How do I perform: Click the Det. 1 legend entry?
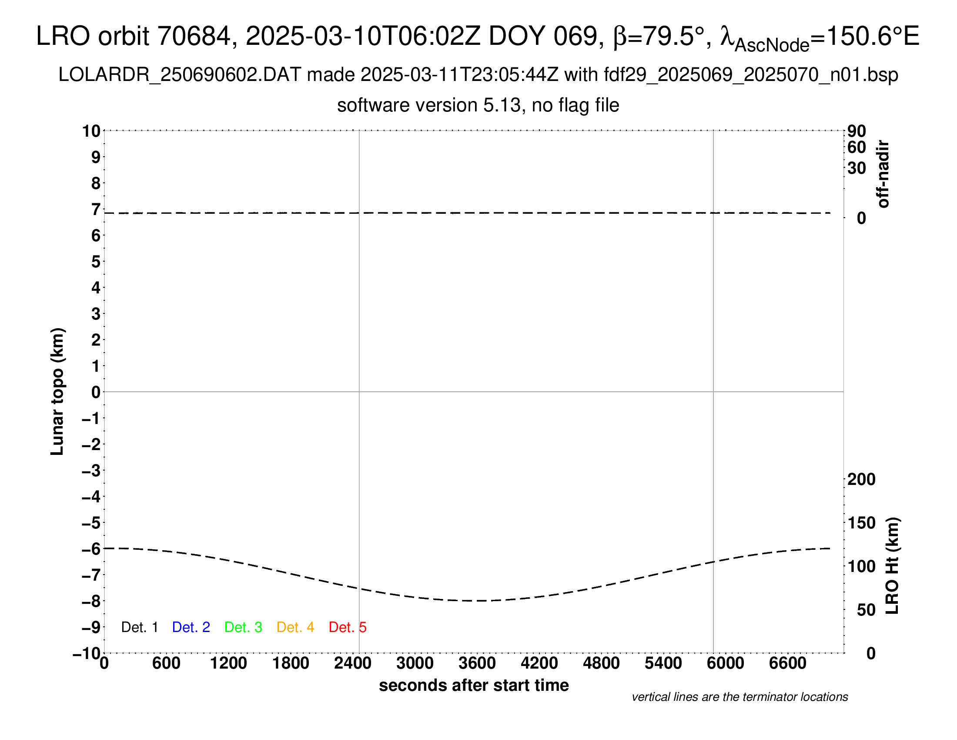click(139, 627)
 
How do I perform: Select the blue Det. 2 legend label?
click(191, 627)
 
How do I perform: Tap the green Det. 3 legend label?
click(243, 627)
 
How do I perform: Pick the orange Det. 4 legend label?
click(295, 627)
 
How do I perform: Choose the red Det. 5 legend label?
click(348, 627)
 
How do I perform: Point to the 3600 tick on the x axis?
click(477, 663)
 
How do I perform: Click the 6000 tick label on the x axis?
click(725, 663)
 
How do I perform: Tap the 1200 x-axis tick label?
click(228, 663)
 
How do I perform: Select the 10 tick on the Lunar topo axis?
click(92, 131)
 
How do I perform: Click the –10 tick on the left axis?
click(87, 654)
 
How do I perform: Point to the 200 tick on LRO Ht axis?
click(861, 480)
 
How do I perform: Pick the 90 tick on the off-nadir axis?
click(857, 131)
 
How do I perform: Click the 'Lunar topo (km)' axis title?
click(57, 391)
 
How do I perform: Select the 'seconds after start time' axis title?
click(474, 686)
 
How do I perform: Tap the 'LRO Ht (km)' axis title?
click(892, 566)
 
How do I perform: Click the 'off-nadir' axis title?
click(883, 174)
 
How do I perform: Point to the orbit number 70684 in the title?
click(194, 36)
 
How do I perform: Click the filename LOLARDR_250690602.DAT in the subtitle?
click(180, 75)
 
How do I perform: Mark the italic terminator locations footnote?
click(739, 697)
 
